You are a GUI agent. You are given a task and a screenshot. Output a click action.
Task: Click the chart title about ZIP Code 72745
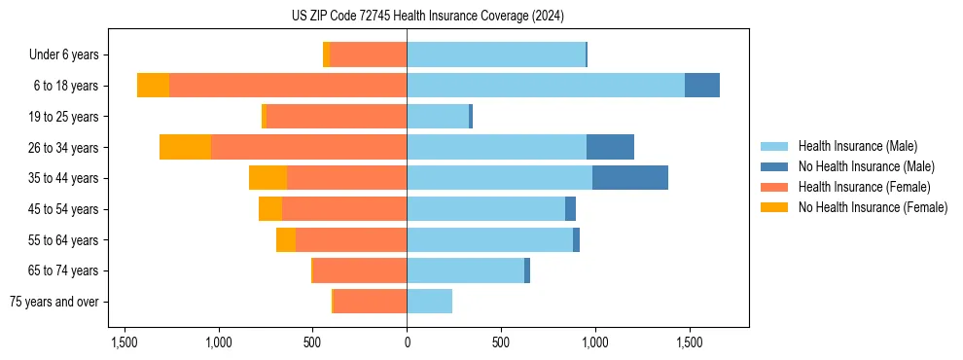click(427, 17)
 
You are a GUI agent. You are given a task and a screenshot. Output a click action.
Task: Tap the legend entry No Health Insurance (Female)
click(873, 207)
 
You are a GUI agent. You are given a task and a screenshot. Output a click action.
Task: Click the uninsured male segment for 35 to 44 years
click(630, 178)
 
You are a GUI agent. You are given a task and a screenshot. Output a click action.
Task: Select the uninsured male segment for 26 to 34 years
click(610, 147)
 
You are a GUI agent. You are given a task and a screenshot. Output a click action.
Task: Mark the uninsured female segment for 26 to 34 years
click(185, 147)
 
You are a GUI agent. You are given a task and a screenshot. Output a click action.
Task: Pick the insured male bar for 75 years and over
click(429, 302)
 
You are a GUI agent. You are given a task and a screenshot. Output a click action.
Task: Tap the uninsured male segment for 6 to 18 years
click(702, 86)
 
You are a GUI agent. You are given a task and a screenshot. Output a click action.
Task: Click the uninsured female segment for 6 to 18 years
click(153, 86)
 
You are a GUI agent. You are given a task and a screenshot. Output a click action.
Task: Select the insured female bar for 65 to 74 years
click(360, 270)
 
